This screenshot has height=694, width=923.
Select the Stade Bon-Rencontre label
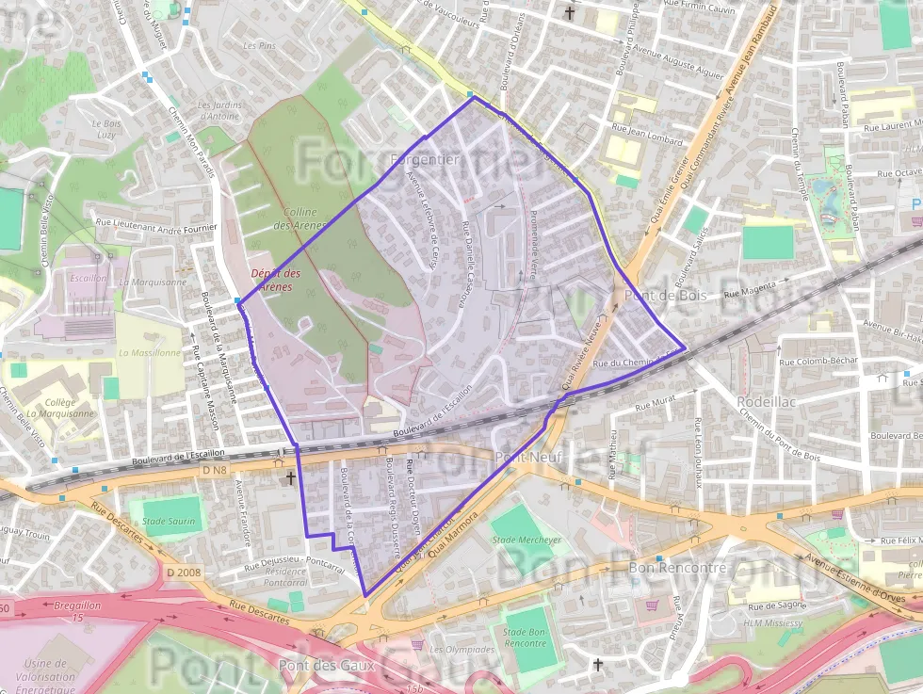pos(526,638)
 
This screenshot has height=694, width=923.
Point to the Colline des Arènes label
pos(300,218)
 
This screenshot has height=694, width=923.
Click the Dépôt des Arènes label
pos(276,280)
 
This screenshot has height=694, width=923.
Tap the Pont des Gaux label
pos(327,666)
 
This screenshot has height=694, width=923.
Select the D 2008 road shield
pos(184,572)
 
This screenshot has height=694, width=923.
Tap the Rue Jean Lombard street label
pos(647,134)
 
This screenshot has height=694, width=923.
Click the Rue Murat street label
pos(656,404)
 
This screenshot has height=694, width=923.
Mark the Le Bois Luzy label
pos(106,129)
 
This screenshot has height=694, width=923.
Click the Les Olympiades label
pos(461,649)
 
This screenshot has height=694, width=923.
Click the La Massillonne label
pos(149,353)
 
